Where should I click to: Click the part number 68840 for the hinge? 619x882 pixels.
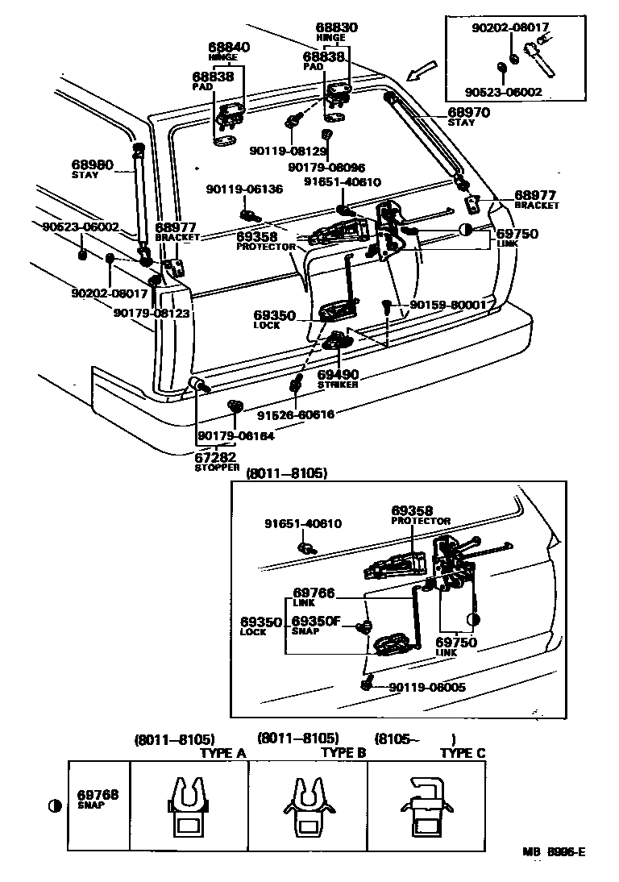click(229, 48)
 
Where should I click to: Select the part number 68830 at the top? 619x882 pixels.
click(336, 27)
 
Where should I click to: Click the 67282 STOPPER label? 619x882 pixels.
click(217, 461)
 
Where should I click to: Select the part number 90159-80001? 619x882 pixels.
click(447, 305)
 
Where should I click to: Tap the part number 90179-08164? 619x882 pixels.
click(236, 436)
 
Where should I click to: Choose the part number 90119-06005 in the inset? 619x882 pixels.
click(426, 687)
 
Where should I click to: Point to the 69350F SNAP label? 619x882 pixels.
click(316, 625)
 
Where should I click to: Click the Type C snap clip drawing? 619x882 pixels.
click(425, 805)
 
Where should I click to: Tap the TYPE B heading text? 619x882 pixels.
click(343, 752)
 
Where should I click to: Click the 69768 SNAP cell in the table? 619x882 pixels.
click(98, 798)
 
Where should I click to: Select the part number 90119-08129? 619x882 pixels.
click(288, 151)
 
